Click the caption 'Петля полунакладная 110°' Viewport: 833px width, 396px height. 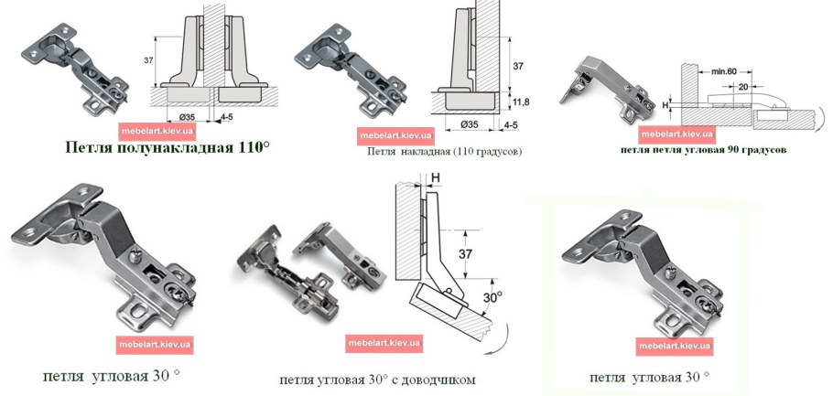pyautogui.click(x=168, y=146)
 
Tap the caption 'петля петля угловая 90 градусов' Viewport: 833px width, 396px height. pyautogui.click(x=703, y=147)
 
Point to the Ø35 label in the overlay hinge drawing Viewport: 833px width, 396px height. pyautogui.click(x=469, y=123)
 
